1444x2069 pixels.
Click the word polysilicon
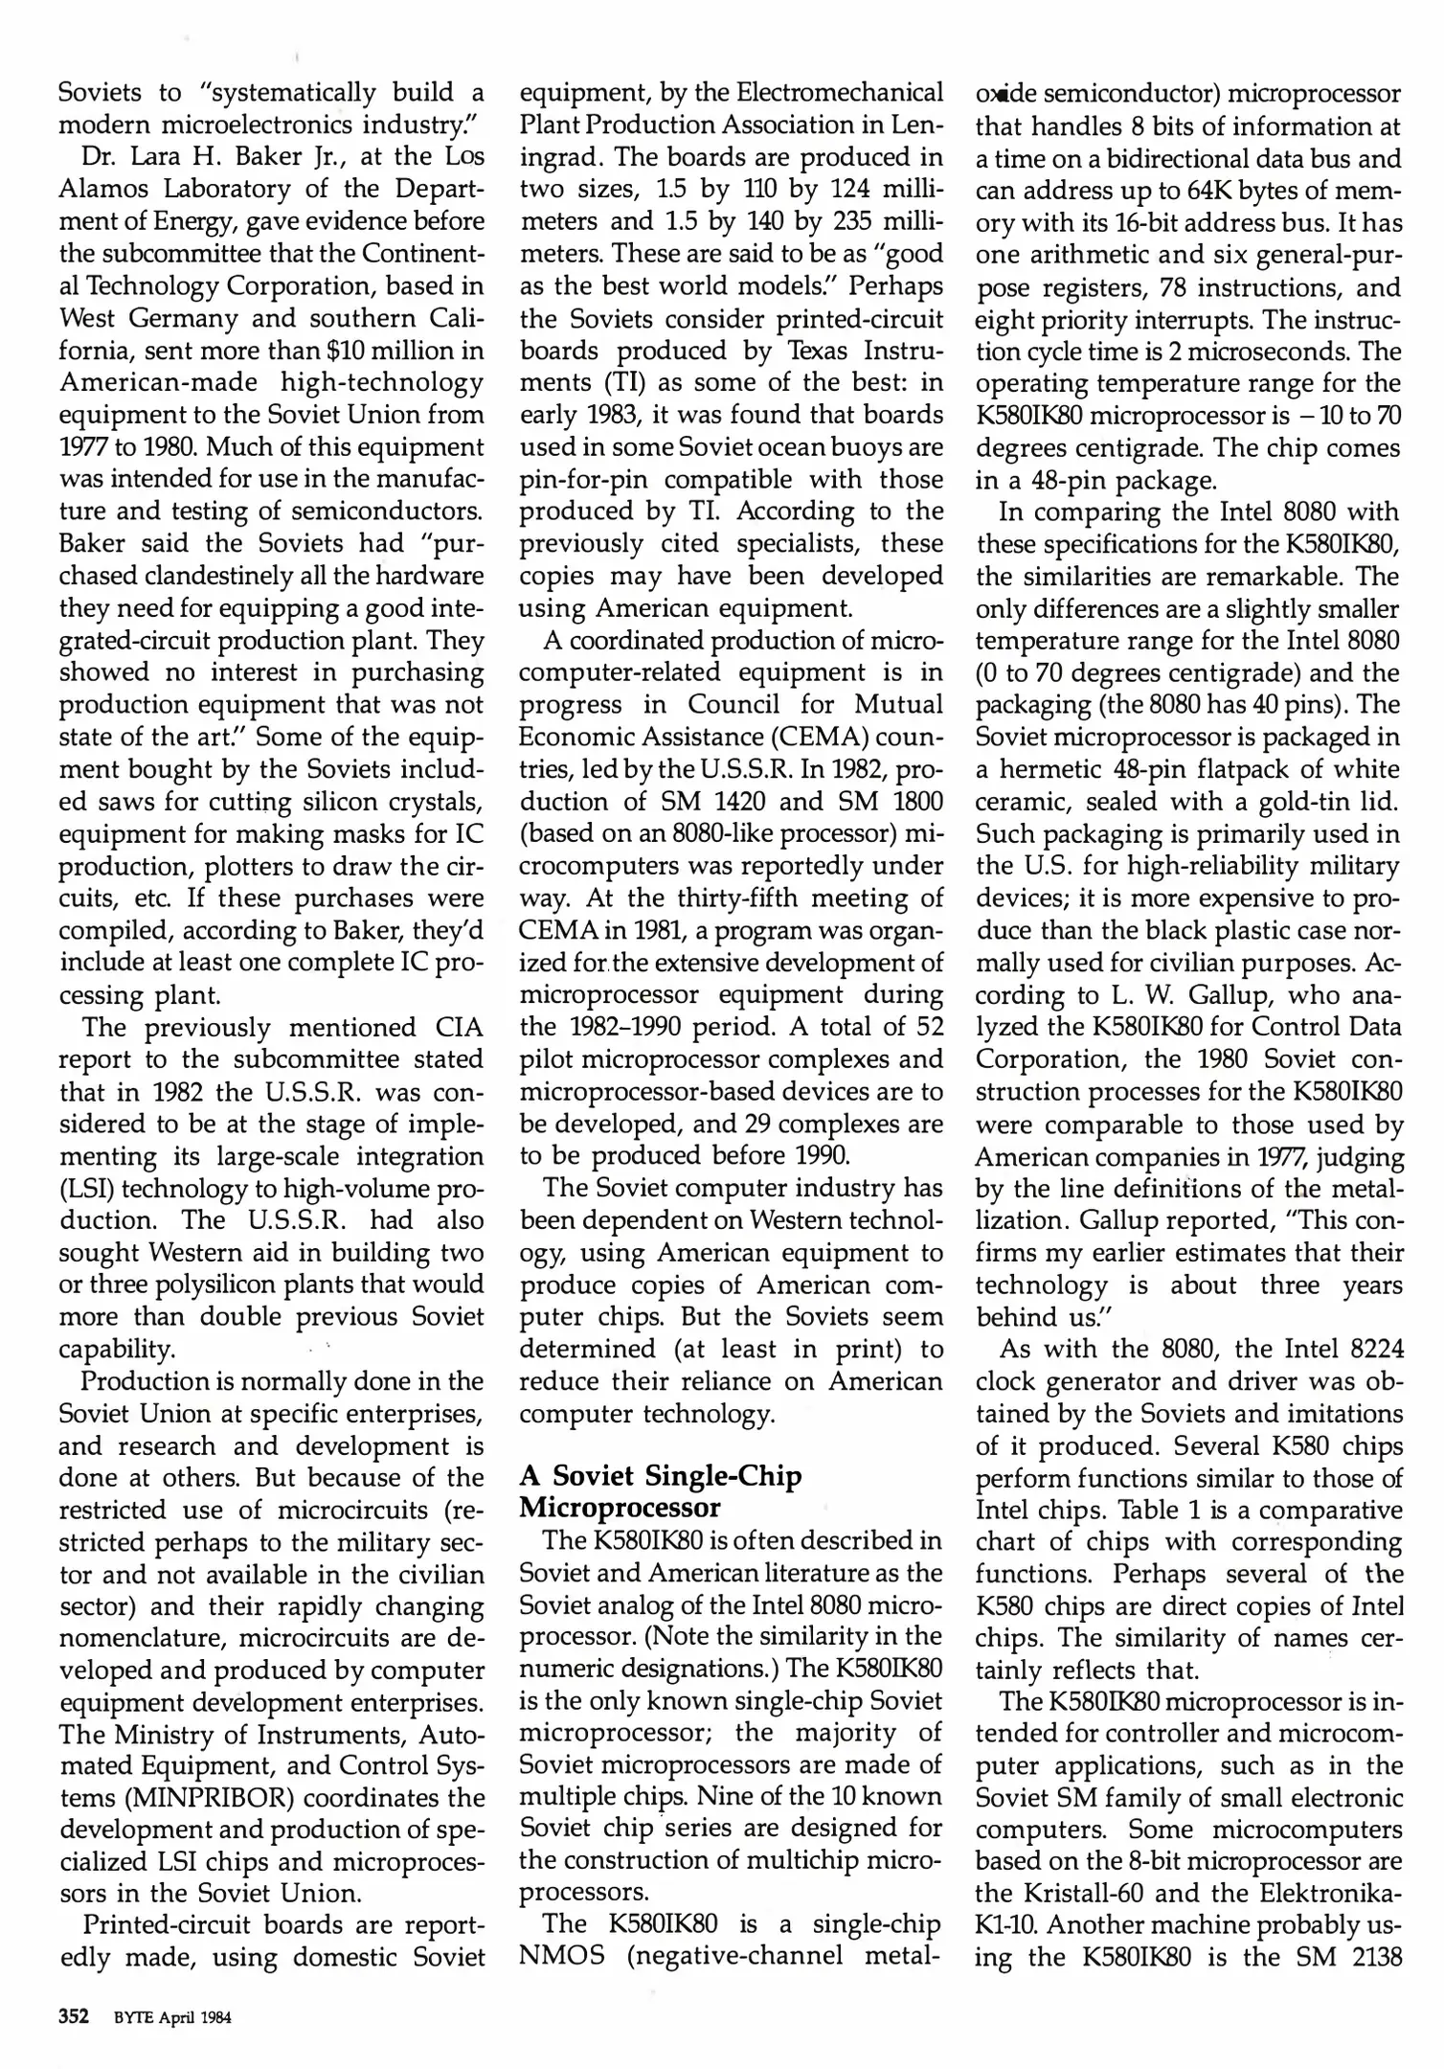pos(269,1285)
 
